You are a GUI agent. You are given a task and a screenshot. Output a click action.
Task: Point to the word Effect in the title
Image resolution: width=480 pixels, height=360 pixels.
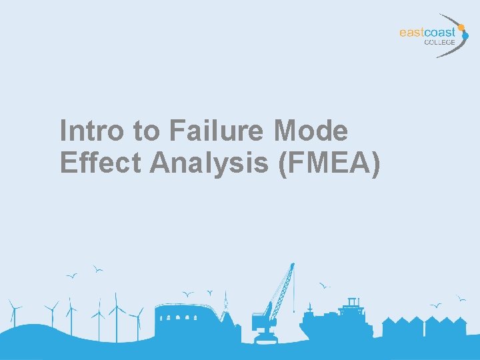tap(100, 163)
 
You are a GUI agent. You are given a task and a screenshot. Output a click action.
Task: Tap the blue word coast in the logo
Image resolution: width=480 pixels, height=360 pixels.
tap(442, 32)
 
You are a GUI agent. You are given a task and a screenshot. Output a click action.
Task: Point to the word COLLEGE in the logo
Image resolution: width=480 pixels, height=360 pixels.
tap(440, 42)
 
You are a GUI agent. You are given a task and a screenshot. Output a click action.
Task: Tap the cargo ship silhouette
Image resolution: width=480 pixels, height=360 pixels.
tap(337, 320)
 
